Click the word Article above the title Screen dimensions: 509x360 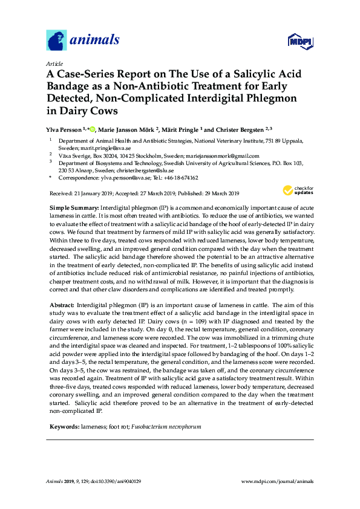click(x=54, y=63)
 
